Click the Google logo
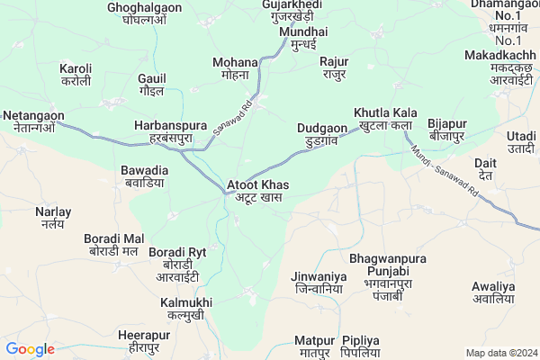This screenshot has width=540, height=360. [x=31, y=349]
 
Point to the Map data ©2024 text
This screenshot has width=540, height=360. [x=499, y=353]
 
